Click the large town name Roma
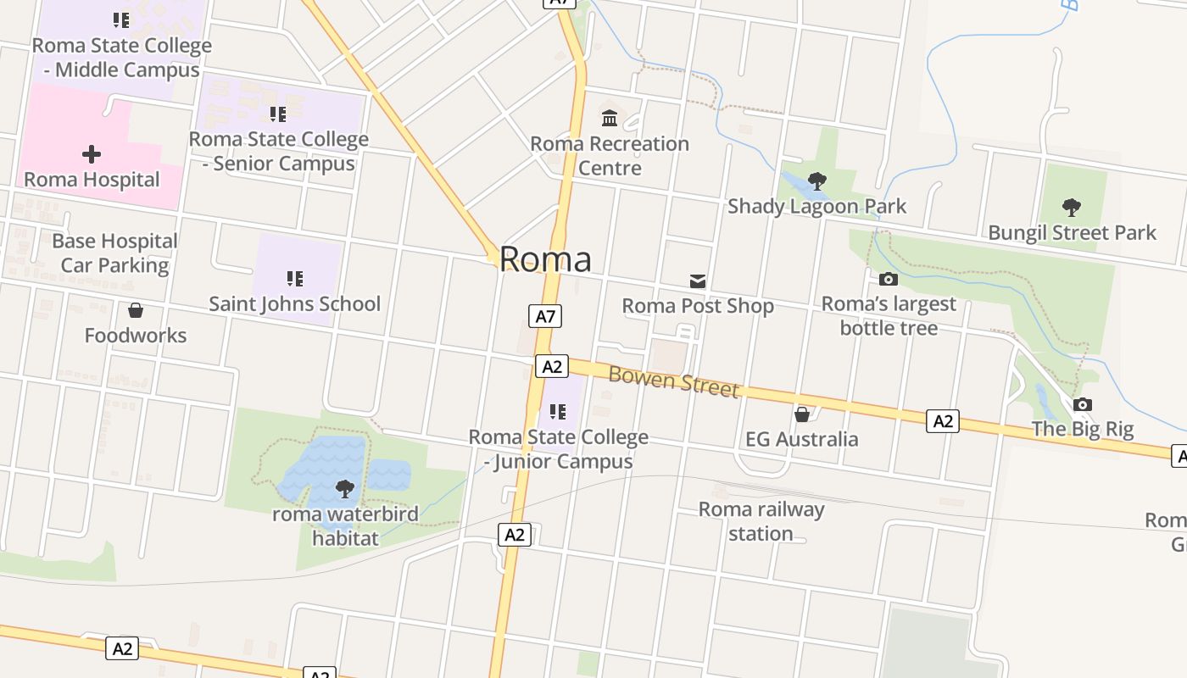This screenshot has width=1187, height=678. click(x=545, y=259)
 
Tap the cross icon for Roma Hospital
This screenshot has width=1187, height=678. click(x=92, y=154)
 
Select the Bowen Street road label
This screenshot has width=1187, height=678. click(x=674, y=381)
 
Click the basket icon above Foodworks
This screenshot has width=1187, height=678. click(x=136, y=311)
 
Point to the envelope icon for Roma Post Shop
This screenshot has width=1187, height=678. click(x=698, y=281)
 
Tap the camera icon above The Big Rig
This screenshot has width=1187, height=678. click(x=1083, y=405)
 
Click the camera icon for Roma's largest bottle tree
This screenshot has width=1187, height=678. click(x=889, y=279)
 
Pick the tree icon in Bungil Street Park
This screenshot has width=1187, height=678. click(x=1072, y=207)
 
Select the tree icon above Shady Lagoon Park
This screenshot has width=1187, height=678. click(x=817, y=181)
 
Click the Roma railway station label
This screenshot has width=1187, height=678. click(x=761, y=521)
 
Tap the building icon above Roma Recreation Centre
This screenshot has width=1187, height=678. click(x=610, y=118)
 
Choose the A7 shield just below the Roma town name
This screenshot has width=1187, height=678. click(x=546, y=317)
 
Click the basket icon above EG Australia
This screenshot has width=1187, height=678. click(x=801, y=414)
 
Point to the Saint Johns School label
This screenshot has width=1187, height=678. click(x=295, y=303)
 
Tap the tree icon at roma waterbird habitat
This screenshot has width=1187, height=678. click(x=344, y=488)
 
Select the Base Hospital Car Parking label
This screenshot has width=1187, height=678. click(x=114, y=253)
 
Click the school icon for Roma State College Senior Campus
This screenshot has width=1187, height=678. click(x=278, y=114)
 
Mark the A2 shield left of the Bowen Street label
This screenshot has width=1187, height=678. click(x=552, y=366)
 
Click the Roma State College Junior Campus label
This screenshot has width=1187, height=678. click(x=559, y=449)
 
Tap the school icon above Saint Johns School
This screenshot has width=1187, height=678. click(x=295, y=278)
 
